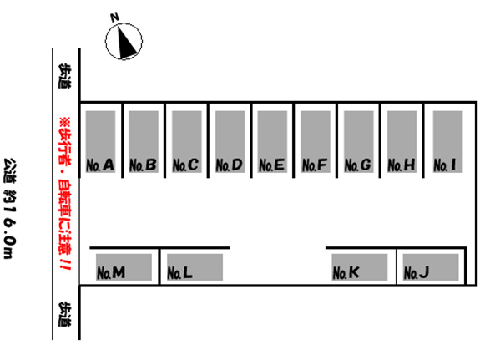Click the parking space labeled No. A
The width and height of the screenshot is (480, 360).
(x=100, y=142)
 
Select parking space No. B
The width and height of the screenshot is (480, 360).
(x=144, y=142)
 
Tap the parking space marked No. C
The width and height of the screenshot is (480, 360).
(x=187, y=142)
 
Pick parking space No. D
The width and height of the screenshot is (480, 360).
(x=230, y=142)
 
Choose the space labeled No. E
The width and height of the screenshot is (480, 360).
(x=272, y=142)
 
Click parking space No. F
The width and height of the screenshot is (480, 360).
(x=316, y=142)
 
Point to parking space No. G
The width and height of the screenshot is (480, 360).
(x=359, y=142)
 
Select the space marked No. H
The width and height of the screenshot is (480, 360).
(x=402, y=142)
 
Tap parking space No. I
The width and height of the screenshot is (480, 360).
(x=447, y=142)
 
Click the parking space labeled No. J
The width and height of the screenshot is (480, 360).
(x=431, y=267)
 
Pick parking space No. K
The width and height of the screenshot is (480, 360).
(x=360, y=267)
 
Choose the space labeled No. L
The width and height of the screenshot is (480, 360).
(x=195, y=267)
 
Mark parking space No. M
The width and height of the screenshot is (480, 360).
(x=124, y=267)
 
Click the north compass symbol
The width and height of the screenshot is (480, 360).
(x=124, y=42)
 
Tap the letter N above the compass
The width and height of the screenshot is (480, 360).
(x=115, y=18)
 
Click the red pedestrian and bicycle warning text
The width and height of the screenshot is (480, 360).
(x=65, y=193)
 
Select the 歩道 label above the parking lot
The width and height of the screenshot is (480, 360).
(x=64, y=76)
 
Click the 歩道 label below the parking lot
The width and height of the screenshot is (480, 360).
(x=64, y=314)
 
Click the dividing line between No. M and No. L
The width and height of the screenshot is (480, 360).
(x=159, y=266)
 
